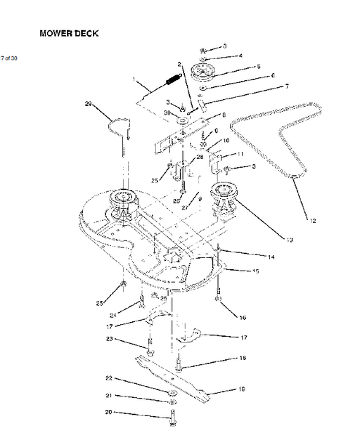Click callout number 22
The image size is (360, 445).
click(x=109, y=379)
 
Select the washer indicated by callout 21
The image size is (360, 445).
click(x=171, y=401)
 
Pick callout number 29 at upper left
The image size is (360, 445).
click(x=88, y=104)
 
